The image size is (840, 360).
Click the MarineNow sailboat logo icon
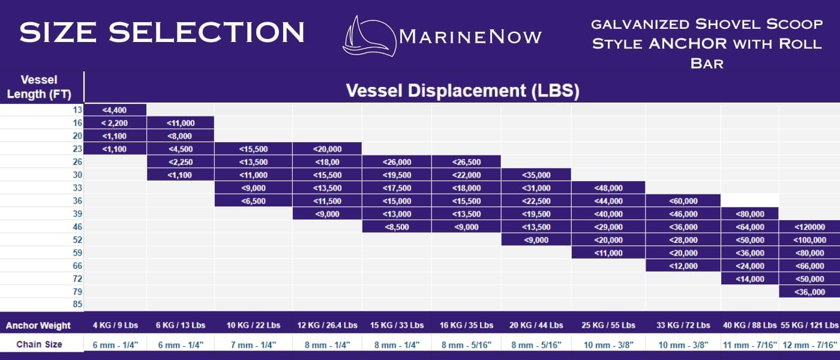click(x=370, y=36)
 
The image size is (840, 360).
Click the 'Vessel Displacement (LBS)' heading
click(x=463, y=91)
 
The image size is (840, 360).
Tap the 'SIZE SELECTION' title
click(x=162, y=32)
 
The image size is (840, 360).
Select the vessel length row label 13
click(x=77, y=110)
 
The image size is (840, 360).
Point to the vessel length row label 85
click(x=77, y=304)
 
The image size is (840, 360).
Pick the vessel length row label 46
click(x=77, y=227)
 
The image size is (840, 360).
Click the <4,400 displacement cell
click(x=115, y=110)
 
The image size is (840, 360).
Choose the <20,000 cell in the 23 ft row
click(x=327, y=149)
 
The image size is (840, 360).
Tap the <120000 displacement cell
click(x=809, y=227)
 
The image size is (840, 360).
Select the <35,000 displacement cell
click(x=536, y=175)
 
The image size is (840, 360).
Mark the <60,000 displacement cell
click(x=683, y=201)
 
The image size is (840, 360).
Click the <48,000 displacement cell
click(x=608, y=188)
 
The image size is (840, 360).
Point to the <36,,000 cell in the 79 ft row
click(x=809, y=292)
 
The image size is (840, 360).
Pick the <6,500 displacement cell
click(x=253, y=201)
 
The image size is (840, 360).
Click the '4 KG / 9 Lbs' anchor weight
click(x=115, y=325)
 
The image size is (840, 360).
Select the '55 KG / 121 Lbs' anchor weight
click(x=809, y=325)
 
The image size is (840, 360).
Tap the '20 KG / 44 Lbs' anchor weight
click(x=536, y=325)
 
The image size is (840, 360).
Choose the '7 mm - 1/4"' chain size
click(x=253, y=344)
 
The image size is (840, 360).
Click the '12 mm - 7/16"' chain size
click(x=809, y=344)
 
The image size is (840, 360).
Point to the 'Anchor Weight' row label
click(x=38, y=325)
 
